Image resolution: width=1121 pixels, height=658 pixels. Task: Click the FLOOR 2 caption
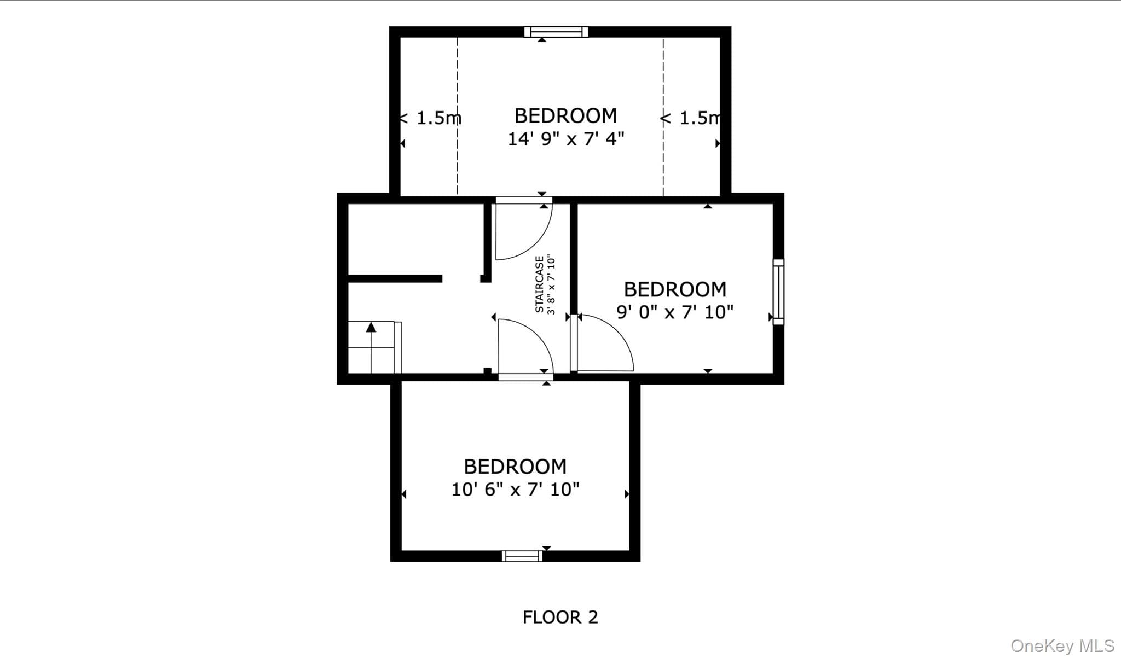coord(560,617)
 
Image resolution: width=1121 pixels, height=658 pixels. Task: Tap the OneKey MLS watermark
coord(1062,645)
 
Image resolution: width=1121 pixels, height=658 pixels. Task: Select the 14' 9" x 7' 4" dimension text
coord(566,139)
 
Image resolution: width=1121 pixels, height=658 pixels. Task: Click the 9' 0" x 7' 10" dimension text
coord(675,312)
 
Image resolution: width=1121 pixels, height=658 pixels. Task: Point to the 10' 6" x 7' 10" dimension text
coord(515,489)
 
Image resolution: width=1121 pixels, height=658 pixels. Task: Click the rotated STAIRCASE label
coord(540,284)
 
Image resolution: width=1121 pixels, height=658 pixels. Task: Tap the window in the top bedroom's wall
coord(556,32)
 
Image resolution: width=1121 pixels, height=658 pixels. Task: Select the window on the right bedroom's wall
coord(778,292)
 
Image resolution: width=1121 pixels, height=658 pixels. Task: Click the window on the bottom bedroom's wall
coord(522,556)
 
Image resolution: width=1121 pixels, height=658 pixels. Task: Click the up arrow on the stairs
coord(372,347)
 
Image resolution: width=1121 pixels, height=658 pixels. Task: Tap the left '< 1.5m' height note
coord(430,118)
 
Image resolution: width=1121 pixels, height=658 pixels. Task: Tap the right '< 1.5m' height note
coord(691,118)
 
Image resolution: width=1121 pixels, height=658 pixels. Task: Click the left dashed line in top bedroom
coord(457,117)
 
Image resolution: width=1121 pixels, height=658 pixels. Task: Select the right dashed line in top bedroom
coord(663,117)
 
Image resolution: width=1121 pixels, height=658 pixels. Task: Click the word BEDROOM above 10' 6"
coord(515,467)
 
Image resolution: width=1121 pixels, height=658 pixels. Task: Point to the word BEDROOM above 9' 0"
coord(675,289)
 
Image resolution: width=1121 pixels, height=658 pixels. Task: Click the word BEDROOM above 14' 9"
coord(566,116)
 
